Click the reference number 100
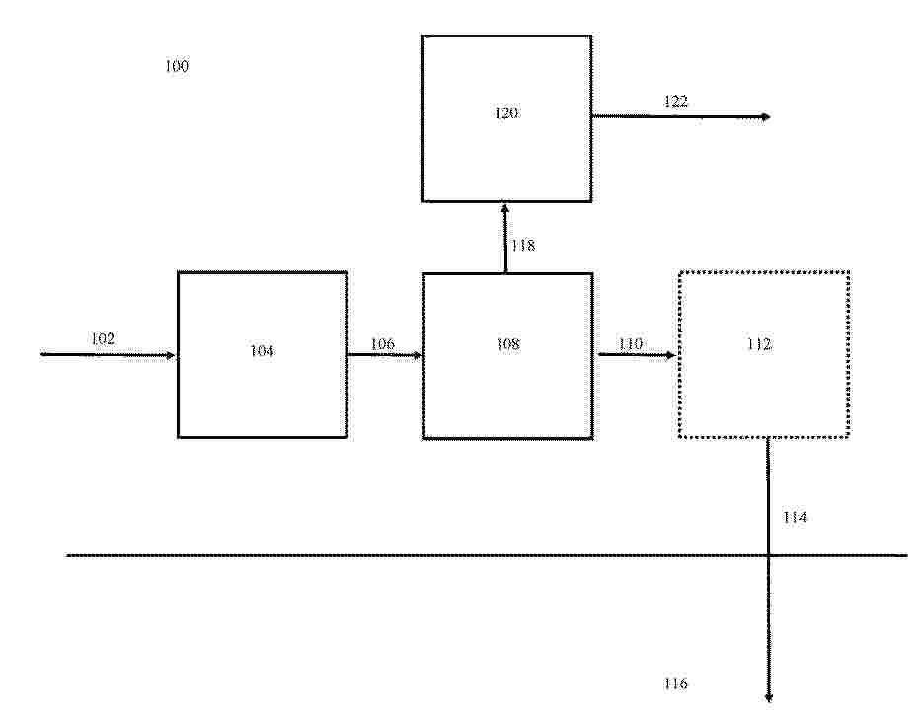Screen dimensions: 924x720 (177, 66)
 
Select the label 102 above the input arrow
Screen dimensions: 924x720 (103, 338)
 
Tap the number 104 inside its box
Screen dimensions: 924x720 (262, 351)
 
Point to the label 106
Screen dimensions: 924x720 (382, 343)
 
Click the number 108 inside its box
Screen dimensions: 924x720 (508, 343)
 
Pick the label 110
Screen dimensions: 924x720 (631, 343)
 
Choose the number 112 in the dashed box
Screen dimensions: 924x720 (759, 344)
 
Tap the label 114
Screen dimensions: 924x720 (795, 517)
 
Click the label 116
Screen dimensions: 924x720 (676, 684)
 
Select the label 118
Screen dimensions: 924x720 (523, 245)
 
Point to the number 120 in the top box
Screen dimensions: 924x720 (506, 112)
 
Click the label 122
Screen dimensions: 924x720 (676, 101)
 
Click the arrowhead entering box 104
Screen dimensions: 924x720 (172, 355)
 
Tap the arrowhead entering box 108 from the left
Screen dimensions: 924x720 (418, 355)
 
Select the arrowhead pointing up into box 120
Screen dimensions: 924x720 (505, 208)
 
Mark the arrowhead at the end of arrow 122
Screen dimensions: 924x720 (766, 117)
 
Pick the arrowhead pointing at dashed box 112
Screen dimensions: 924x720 (670, 355)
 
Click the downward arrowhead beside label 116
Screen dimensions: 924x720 (768, 698)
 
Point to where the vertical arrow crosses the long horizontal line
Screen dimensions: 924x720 (768, 555)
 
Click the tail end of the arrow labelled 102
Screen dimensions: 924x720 (41, 354)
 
